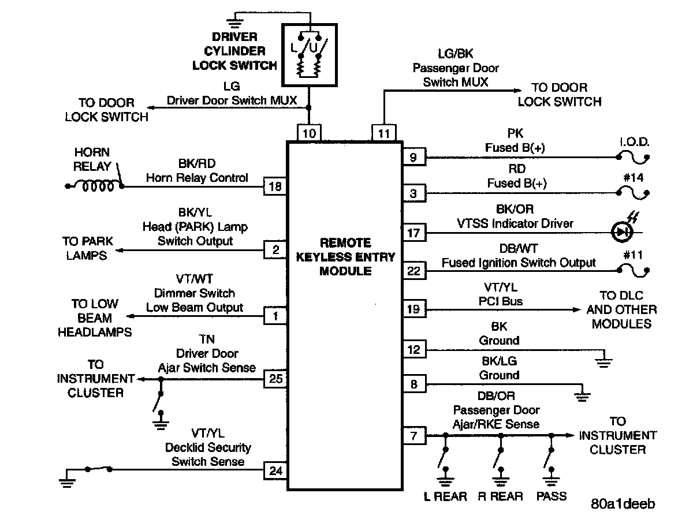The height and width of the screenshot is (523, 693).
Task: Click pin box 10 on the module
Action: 310,133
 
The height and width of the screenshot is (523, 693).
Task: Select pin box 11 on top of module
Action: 384,133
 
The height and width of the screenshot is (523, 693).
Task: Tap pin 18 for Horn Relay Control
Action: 275,186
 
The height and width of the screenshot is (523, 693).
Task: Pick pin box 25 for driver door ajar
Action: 275,379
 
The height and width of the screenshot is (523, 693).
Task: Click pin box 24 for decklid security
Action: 275,471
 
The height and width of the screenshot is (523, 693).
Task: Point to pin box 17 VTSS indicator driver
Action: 413,233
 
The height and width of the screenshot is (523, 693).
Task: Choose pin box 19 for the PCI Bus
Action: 413,309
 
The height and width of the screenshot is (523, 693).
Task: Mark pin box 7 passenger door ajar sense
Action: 413,436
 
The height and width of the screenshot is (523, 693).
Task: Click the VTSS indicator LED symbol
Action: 622,233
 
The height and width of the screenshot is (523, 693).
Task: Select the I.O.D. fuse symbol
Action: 632,156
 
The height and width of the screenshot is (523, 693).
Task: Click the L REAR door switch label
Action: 445,496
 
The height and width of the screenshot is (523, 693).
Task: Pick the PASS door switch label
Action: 552,496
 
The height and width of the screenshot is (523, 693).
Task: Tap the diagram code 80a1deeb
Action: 623,504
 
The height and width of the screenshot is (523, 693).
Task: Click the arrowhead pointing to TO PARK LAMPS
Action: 117,249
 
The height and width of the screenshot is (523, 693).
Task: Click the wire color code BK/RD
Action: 197,165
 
